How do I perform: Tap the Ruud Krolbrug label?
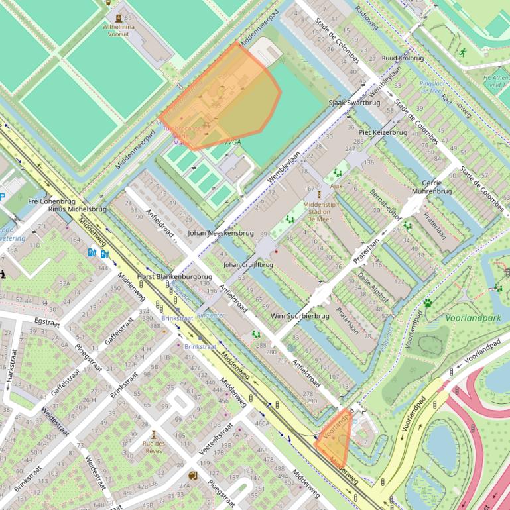click(x=403, y=58)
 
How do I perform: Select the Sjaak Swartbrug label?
click(x=354, y=103)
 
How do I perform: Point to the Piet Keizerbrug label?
click(x=382, y=132)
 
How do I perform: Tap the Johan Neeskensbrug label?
click(x=220, y=233)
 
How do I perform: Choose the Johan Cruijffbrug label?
click(x=248, y=265)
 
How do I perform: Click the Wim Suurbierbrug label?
click(x=300, y=317)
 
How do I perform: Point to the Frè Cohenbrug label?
click(x=52, y=201)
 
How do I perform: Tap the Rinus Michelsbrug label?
click(x=77, y=209)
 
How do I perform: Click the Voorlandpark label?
click(x=473, y=318)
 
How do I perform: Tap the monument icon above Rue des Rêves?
click(x=154, y=434)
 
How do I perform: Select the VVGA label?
click(x=232, y=142)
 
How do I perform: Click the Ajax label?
click(x=336, y=186)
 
